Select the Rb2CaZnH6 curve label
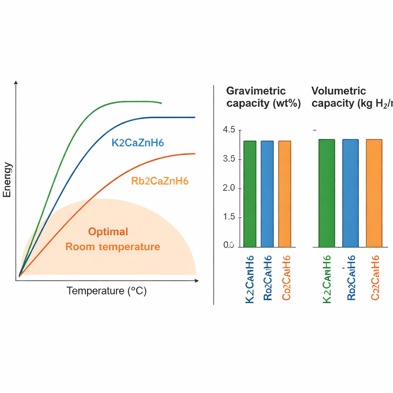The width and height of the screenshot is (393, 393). point(160,181)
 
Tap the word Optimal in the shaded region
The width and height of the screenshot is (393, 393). point(108,232)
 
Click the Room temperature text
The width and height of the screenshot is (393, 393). point(112,246)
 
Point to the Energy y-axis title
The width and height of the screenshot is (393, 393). point(7,180)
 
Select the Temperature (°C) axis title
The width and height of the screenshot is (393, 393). point(107,291)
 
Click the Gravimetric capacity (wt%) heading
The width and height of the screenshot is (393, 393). point(263,97)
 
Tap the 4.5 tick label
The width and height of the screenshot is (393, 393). point(229,130)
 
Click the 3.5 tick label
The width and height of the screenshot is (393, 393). point(229,159)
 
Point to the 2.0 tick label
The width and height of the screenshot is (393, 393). point(229,188)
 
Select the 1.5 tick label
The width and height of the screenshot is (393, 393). point(229,217)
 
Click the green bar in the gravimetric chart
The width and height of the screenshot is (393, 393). point(250,194)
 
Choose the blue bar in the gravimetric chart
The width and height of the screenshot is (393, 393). point(267,194)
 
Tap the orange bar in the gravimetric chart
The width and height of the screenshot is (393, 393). point(284,194)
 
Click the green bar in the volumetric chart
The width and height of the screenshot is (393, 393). point(327,193)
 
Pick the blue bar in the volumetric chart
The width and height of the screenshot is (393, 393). point(350,193)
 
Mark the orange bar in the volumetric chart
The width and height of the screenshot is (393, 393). point(374,193)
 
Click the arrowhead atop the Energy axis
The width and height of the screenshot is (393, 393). point(16,83)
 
